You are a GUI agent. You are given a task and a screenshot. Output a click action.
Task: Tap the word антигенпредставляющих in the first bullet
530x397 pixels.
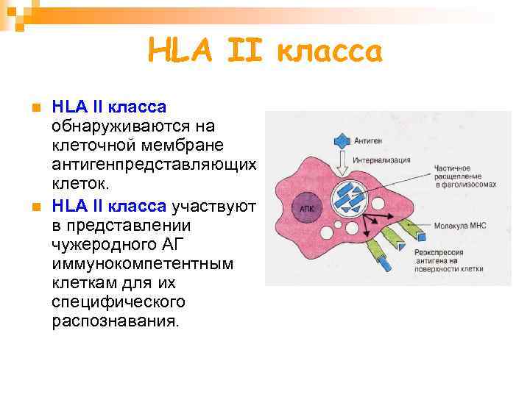154,163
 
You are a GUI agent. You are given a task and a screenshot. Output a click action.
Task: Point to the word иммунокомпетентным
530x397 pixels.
142,264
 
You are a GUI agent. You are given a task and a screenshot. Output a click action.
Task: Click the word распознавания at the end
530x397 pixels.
115,321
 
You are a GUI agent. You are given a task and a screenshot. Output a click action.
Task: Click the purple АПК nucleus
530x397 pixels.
306,209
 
